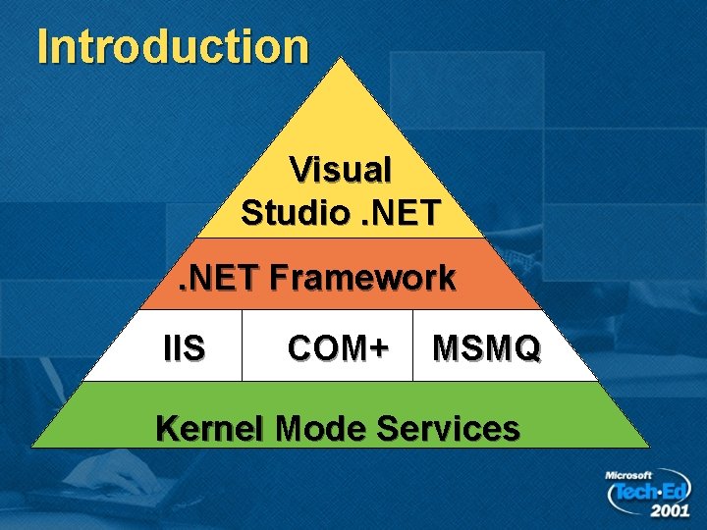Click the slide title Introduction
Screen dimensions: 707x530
pos(173,46)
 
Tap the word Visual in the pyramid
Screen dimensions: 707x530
pos(341,170)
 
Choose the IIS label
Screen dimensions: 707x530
pos(184,346)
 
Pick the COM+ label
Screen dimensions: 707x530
pos(338,346)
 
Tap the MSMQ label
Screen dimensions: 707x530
pos(486,346)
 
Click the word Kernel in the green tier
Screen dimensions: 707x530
pos(211,428)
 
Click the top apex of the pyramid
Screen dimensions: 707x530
pos(340,59)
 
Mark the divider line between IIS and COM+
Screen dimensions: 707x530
pos(242,344)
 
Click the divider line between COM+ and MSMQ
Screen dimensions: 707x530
pos(413,344)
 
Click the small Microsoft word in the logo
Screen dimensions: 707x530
pos(628,475)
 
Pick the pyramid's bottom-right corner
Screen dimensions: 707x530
pos(647,447)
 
